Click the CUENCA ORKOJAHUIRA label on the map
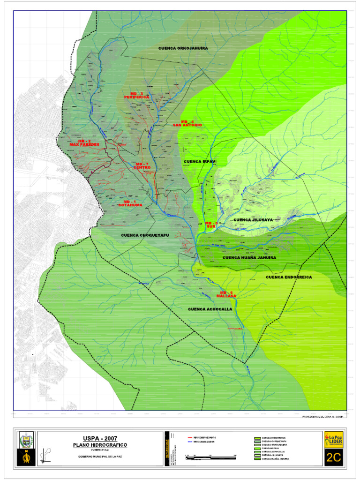pyautogui.click(x=183, y=48)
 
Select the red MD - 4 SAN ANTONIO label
pyautogui.click(x=187, y=124)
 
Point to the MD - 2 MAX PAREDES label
pyautogui.click(x=84, y=143)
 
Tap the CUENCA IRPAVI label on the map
pyautogui.click(x=200, y=161)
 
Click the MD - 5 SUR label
pyautogui.click(x=212, y=225)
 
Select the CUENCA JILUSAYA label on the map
pyautogui.click(x=253, y=220)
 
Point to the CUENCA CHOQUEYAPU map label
pyautogui.click(x=144, y=235)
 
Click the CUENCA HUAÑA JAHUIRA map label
pyautogui.click(x=249, y=257)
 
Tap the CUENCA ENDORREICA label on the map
pyautogui.click(x=289, y=277)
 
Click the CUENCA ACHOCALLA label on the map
pyautogui.click(x=210, y=309)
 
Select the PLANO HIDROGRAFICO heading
pyautogui.click(x=99, y=444)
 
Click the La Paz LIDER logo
pyautogui.click(x=333, y=440)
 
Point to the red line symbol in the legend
pyautogui.click(x=190, y=437)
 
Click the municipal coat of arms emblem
pyautogui.click(x=26, y=440)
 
